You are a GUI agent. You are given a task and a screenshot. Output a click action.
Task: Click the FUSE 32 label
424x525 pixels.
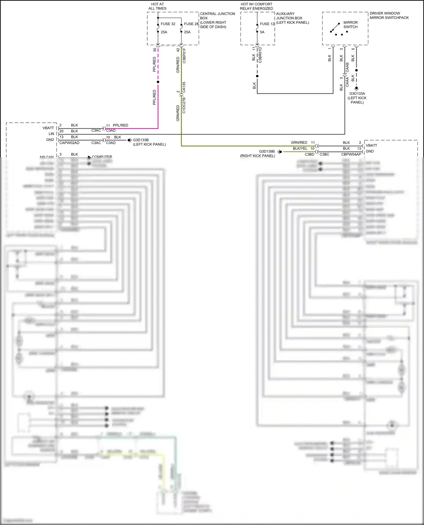point(168,24)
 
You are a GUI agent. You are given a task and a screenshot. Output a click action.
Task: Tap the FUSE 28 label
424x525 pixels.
point(191,24)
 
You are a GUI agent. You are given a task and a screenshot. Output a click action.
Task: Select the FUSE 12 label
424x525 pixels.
point(267,24)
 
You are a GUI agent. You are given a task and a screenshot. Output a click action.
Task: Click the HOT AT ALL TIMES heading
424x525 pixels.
point(157,6)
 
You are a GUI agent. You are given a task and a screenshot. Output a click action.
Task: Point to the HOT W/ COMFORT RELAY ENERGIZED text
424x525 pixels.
point(256,6)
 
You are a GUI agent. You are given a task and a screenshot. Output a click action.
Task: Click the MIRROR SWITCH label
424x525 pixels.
point(351,25)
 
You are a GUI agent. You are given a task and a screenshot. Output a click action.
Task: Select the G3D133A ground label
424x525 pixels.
point(357,94)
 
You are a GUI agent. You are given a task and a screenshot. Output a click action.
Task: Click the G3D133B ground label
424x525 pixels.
point(141,140)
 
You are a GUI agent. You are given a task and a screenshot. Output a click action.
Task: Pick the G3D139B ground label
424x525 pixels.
point(267,151)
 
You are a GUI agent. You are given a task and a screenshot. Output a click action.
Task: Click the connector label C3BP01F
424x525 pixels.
point(184,56)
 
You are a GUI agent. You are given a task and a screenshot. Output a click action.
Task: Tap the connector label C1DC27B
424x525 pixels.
point(184,106)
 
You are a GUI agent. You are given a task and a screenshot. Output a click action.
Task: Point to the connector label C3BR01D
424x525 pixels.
point(260,55)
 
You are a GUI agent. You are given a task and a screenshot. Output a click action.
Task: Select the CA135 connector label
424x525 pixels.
point(184,87)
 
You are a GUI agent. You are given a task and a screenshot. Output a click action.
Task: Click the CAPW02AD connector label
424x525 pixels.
point(69,143)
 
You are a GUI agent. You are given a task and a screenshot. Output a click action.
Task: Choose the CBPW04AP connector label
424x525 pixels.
point(351,155)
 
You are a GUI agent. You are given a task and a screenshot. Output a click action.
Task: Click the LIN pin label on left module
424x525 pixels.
point(51,134)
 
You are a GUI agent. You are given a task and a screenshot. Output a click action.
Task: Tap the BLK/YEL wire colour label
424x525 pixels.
point(300,149)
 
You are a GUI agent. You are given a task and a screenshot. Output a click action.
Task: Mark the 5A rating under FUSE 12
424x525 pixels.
point(262,32)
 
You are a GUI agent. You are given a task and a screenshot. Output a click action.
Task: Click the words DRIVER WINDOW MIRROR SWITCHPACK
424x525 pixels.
point(389,16)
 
